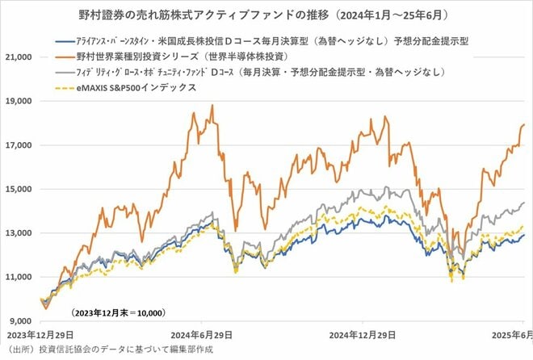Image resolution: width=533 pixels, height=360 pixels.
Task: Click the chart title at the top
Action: pyautogui.click(x=266, y=15)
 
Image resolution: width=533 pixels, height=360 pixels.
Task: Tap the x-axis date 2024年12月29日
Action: pyautogui.click(x=363, y=333)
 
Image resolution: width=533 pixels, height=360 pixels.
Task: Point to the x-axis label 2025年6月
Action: pyautogui.click(x=508, y=333)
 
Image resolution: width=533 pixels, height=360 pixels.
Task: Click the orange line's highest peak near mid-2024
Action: pyautogui.click(x=212, y=105)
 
